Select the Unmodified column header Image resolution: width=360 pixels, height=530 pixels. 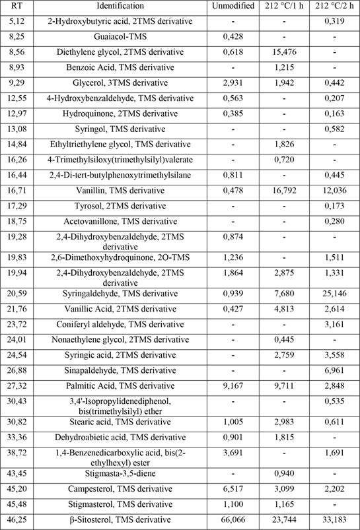click(231, 6)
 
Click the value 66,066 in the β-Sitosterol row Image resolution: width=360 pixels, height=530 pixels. click(231, 521)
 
